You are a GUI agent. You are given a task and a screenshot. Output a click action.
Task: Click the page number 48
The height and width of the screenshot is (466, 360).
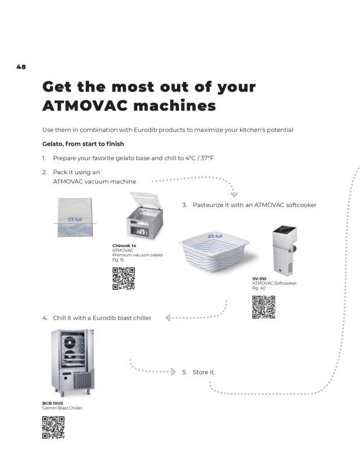pyautogui.click(x=21, y=67)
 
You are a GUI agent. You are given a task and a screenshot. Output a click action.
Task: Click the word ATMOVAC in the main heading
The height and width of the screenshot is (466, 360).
pyautogui.click(x=84, y=106)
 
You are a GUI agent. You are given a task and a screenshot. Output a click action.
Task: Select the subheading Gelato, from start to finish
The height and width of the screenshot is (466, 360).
pyautogui.click(x=83, y=144)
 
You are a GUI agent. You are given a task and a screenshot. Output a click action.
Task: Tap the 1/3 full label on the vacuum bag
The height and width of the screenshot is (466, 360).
pyautogui.click(x=75, y=220)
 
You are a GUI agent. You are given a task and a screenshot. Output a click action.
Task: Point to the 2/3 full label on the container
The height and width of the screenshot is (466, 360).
pyautogui.click(x=215, y=236)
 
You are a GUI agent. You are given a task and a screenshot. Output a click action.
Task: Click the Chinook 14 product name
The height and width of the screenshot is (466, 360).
pyautogui.click(x=124, y=245)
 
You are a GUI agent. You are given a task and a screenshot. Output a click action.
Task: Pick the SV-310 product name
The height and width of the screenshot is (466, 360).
pyautogui.click(x=259, y=278)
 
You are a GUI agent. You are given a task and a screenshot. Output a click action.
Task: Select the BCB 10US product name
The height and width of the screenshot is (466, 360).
pyautogui.click(x=52, y=403)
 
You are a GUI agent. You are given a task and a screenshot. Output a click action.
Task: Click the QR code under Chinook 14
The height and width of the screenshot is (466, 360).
pyautogui.click(x=123, y=278)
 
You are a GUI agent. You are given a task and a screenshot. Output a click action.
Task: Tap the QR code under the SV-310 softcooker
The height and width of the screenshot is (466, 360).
pyautogui.click(x=264, y=307)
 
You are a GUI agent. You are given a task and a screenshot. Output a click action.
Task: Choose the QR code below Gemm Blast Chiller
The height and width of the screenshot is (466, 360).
pyautogui.click(x=54, y=428)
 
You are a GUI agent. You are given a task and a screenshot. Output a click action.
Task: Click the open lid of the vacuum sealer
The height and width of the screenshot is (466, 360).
pyautogui.click(x=146, y=199)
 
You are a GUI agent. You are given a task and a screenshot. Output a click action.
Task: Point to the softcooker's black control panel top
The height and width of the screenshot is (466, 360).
pyautogui.click(x=284, y=230)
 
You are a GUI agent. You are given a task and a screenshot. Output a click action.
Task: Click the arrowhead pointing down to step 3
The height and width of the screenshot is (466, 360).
pyautogui.click(x=234, y=195)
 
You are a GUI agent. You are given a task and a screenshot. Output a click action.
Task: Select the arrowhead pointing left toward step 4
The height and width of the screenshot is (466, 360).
pyautogui.click(x=168, y=317)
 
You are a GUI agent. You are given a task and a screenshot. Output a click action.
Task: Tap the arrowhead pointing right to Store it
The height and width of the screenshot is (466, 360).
pyautogui.click(x=173, y=372)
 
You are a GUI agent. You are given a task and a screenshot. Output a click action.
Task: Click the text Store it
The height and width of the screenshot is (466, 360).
pyautogui.click(x=204, y=372)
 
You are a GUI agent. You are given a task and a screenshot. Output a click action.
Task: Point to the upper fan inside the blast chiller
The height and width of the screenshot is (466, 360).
pyautogui.click(x=70, y=343)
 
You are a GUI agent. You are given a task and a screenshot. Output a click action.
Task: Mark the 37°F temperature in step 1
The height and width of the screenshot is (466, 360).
pyautogui.click(x=207, y=158)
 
